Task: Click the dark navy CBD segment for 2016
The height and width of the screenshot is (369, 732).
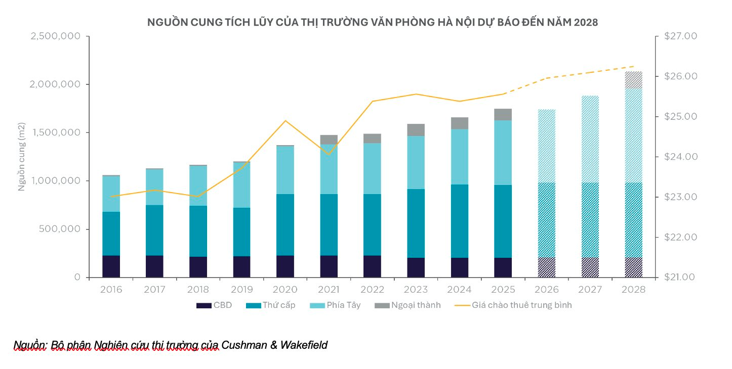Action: pos(111,266)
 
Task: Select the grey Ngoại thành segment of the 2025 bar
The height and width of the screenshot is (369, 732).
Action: pos(503,114)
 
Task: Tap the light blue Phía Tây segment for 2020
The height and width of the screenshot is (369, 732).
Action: pos(285,170)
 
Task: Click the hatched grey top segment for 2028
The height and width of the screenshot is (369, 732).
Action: pos(633,80)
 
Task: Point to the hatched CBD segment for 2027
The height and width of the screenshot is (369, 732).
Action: pos(590,267)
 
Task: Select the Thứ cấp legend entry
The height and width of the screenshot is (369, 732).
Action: pos(270,305)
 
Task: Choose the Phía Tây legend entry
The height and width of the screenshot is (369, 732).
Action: pos(335,305)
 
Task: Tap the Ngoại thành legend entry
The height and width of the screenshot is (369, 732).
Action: pos(408,305)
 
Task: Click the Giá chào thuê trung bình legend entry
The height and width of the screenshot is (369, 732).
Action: pos(514,305)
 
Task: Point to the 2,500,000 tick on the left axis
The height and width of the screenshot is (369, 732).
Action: pos(55,36)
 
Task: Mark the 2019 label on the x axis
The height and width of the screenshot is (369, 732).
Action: pos(241,290)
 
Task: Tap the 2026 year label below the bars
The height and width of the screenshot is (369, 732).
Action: pos(546,290)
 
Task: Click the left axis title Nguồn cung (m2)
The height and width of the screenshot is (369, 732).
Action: pos(22,156)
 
